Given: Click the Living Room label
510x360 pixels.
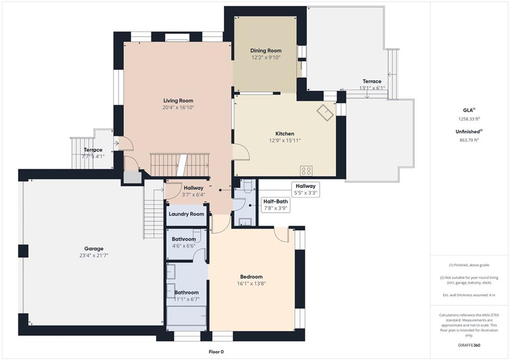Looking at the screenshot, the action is [x=178, y=101].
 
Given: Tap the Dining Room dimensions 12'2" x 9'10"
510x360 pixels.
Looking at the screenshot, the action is [x=266, y=58].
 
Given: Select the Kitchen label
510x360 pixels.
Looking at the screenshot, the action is [x=284, y=133].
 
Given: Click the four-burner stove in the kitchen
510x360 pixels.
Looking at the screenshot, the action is [x=306, y=171].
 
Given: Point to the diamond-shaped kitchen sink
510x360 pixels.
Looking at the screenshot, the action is [x=326, y=112].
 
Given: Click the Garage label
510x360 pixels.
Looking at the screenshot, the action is [x=94, y=249].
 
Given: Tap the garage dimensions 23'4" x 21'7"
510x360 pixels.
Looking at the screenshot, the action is [x=94, y=255].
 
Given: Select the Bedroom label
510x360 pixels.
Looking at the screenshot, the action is [x=252, y=277].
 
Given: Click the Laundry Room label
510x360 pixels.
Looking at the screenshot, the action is [x=186, y=214].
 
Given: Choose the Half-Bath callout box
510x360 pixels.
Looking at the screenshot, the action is [x=275, y=205].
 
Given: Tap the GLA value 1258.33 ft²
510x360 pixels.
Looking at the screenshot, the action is [x=469, y=119].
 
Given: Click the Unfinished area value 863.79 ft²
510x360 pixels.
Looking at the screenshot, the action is [x=469, y=140].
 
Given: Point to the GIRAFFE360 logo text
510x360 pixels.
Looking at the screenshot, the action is [x=469, y=345].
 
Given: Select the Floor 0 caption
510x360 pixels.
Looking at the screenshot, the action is [x=216, y=352].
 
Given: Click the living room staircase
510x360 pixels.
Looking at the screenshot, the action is [x=179, y=165].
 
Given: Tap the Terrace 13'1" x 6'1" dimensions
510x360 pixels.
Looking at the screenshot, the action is [x=372, y=88].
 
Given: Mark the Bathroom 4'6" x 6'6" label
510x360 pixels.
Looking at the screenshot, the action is [x=184, y=242].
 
